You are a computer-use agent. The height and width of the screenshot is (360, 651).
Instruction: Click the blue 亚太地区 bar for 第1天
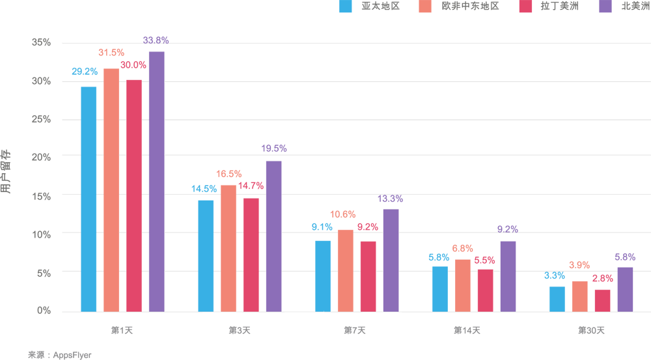89,199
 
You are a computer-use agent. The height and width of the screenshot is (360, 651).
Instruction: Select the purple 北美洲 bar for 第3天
273,236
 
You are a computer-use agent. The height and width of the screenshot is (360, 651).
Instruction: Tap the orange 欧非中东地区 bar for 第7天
346,271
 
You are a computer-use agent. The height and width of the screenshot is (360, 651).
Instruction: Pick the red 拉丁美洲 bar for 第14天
485,290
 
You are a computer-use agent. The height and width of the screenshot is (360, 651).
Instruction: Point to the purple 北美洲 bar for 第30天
625,289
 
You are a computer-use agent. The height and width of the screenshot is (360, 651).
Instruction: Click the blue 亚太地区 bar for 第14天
440,289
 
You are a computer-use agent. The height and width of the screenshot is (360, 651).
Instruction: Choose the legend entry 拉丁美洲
559,7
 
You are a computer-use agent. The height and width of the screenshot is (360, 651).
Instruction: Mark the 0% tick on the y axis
44,311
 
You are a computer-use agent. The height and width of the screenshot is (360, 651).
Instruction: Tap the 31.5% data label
111,52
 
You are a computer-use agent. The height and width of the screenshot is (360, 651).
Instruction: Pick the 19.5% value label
273,148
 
